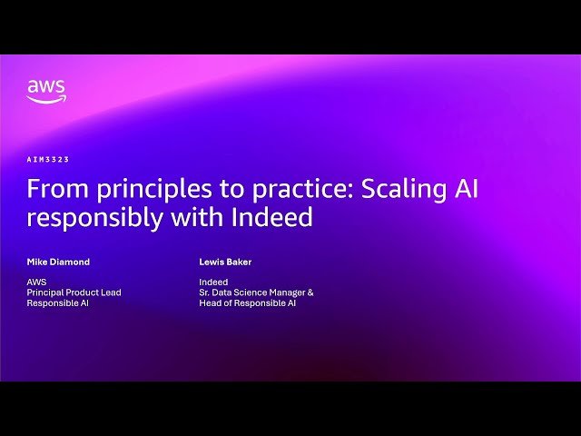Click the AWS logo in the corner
[x=45, y=91]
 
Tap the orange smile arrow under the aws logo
[x=45, y=101]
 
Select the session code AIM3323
[x=48, y=160]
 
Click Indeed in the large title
[x=271, y=218]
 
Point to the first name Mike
[x=38, y=262]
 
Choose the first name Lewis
[x=212, y=262]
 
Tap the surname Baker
[x=240, y=262]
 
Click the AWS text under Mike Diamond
[x=37, y=282]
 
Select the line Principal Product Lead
[x=74, y=292]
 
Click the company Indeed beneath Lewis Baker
[x=213, y=282]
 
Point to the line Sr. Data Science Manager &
[x=256, y=292]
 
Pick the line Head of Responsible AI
[x=247, y=303]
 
